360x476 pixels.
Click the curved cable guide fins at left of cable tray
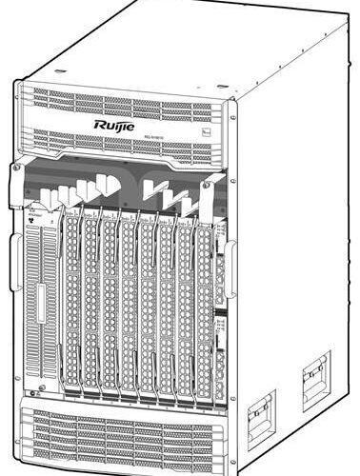pos(76,195)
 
